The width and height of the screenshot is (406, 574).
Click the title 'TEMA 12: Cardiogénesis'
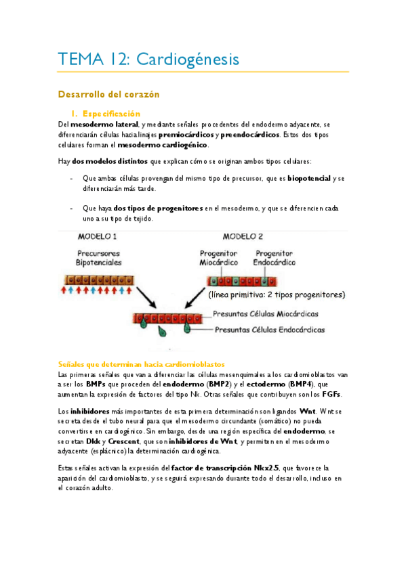148,60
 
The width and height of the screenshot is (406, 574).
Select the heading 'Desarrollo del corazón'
108,93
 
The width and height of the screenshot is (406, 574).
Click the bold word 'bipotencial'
309,178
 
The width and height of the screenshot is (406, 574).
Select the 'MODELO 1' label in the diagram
98,237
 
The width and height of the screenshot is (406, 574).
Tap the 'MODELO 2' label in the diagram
244,237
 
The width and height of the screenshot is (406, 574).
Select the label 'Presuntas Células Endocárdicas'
268,330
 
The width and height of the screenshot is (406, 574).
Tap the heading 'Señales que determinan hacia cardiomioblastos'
141,363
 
